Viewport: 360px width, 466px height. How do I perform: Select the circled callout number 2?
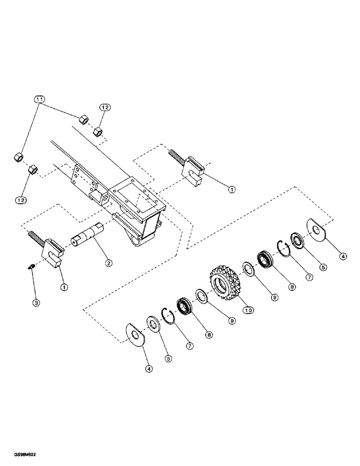click(x=108, y=263)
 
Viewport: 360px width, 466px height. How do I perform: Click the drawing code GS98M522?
click(x=21, y=453)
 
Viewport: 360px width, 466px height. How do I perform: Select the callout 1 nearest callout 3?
click(x=64, y=287)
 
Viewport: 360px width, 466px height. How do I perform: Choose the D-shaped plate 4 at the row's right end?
click(x=318, y=230)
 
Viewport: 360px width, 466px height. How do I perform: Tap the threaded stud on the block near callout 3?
click(x=37, y=233)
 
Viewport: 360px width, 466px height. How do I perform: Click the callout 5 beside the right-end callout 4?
click(x=322, y=267)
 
